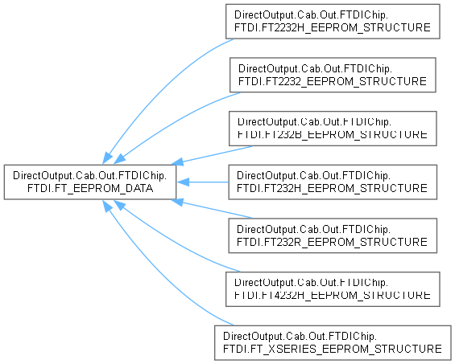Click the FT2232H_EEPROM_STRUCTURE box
click(333, 22)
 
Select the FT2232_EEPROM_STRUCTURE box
click(333, 75)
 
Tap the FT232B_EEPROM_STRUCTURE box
click(333, 129)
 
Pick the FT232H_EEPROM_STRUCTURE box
click(333, 182)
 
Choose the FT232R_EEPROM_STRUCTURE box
click(333, 235)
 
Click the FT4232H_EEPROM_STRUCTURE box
click(333, 289)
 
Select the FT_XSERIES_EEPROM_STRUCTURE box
click(333, 343)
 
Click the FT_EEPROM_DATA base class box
click(90, 182)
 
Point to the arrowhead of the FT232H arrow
click(183, 182)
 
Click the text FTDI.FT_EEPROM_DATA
click(90, 189)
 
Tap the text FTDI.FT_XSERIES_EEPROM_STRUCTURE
click(333, 349)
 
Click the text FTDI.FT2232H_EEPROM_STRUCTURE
click(333, 27)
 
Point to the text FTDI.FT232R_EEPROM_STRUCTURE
click(332, 242)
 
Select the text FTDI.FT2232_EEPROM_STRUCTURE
click(333, 81)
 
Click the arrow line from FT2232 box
click(174, 121)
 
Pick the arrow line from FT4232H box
click(174, 243)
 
